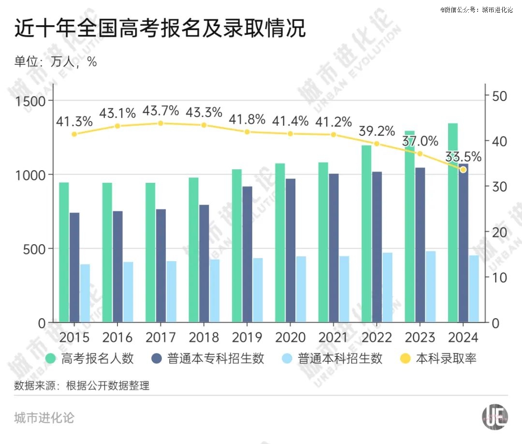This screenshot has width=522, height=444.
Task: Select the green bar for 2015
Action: click(64, 252)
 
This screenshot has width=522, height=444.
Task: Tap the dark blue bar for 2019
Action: click(247, 254)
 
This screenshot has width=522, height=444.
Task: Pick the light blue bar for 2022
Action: click(388, 287)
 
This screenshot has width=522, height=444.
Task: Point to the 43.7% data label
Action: click(160, 111)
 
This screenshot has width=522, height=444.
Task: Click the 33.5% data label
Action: click(463, 157)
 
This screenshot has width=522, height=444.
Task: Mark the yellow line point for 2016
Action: click(117, 126)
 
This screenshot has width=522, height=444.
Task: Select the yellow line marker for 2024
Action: click(463, 169)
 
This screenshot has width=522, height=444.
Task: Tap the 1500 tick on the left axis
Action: click(31, 101)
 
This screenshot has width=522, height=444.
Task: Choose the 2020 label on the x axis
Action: click(290, 337)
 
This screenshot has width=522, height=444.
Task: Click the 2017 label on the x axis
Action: click(160, 337)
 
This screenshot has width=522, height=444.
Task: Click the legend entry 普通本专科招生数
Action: click(216, 359)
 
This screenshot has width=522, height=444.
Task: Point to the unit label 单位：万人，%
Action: click(56, 62)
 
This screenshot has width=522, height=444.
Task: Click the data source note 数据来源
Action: click(82, 385)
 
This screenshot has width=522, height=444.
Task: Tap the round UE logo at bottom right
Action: click(495, 416)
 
